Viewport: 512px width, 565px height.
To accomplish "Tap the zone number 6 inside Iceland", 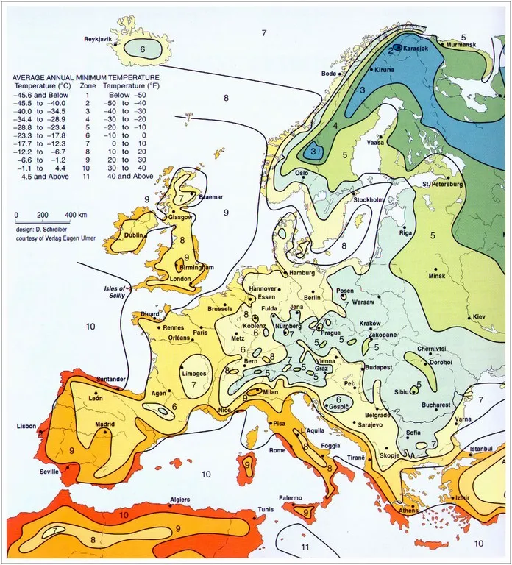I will click(x=143, y=49).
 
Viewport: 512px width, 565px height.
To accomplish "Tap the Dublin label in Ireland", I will click(x=134, y=236).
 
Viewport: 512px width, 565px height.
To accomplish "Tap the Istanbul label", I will click(x=485, y=447).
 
